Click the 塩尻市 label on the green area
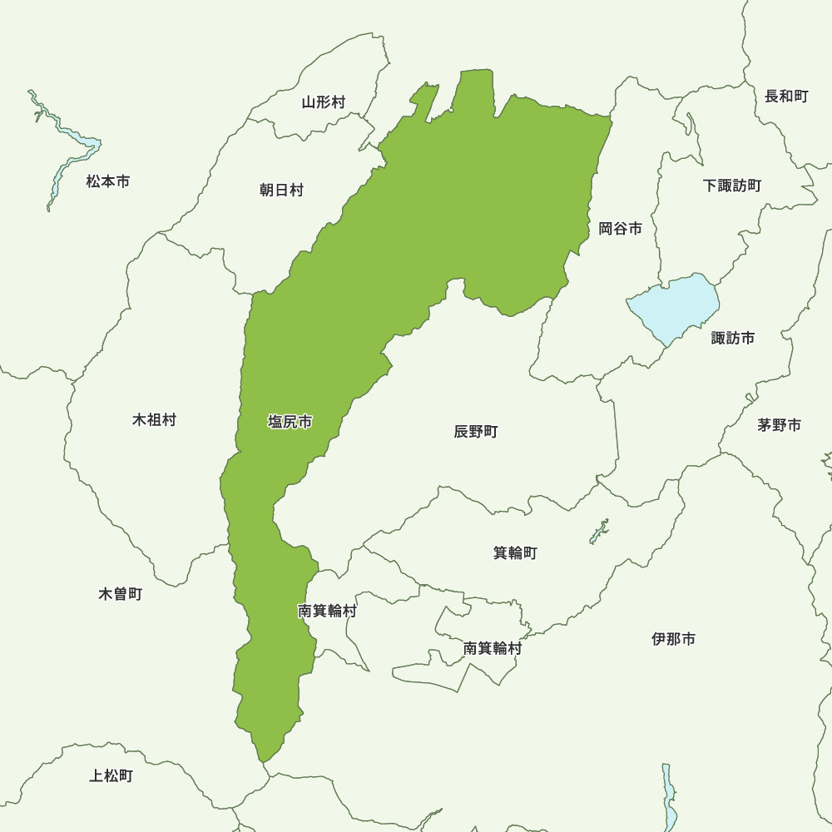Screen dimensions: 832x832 (x=290, y=422)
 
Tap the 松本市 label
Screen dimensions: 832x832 (x=108, y=181)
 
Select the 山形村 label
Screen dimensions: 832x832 (x=324, y=102)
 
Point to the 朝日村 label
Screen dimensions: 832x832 (x=281, y=191)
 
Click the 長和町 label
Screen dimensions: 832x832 (x=786, y=97)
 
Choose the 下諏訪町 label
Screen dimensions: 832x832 (x=732, y=186)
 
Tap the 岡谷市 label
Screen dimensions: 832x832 (x=621, y=228)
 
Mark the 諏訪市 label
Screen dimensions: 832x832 (x=733, y=338)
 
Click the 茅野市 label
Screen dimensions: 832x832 (x=780, y=425)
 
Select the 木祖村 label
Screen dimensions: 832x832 (x=155, y=419)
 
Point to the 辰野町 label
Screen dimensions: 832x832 (x=476, y=431)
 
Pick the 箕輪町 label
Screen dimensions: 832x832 (x=515, y=552)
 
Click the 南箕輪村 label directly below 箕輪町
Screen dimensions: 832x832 (x=493, y=648)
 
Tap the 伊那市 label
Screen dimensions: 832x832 (x=674, y=639)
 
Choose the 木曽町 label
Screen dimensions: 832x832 (x=121, y=594)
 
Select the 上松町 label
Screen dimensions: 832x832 (x=111, y=776)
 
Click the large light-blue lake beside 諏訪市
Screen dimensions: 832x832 (x=674, y=306)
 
